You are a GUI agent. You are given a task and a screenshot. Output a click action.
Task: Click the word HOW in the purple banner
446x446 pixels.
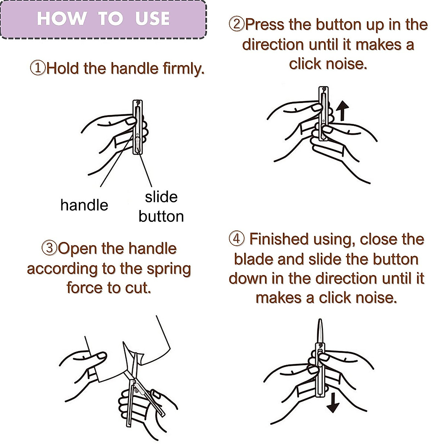[62, 18]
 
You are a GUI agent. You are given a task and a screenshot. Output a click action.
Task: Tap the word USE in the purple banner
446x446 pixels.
[152, 18]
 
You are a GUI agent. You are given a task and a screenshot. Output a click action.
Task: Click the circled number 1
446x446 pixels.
[38, 68]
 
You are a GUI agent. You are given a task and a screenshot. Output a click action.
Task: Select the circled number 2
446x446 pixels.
[236, 24]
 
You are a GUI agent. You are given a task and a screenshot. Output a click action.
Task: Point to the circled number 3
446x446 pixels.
[49, 248]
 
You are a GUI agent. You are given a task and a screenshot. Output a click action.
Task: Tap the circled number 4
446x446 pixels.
[236, 239]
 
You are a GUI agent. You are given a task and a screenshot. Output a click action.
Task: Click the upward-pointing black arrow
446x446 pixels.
[342, 111]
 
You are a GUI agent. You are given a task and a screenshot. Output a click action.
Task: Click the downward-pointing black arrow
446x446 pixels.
[333, 403]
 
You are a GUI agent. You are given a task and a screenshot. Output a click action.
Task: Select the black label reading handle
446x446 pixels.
[84, 205]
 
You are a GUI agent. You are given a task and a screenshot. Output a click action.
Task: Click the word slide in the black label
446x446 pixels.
[161, 197]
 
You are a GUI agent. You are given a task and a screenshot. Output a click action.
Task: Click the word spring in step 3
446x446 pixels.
[169, 269]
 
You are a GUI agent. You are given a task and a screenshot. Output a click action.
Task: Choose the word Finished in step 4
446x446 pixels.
[279, 239]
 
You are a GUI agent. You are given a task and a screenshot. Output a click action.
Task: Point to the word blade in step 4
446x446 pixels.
[254, 259]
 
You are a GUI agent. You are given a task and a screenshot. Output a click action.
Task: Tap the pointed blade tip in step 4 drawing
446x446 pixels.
[320, 320]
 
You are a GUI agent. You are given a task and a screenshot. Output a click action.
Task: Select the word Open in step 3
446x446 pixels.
[77, 249]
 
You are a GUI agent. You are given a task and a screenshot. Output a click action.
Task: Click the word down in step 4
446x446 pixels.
[248, 278]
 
